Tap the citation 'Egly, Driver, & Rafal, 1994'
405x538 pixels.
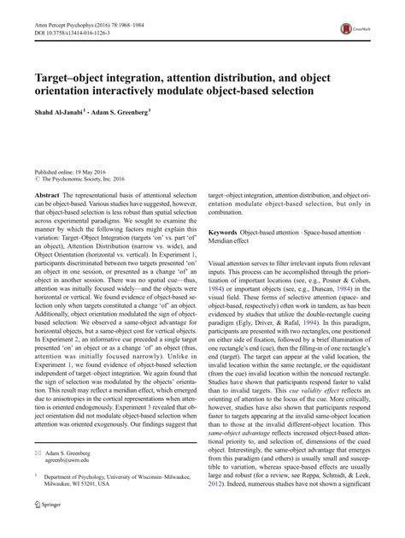point(276,320)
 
